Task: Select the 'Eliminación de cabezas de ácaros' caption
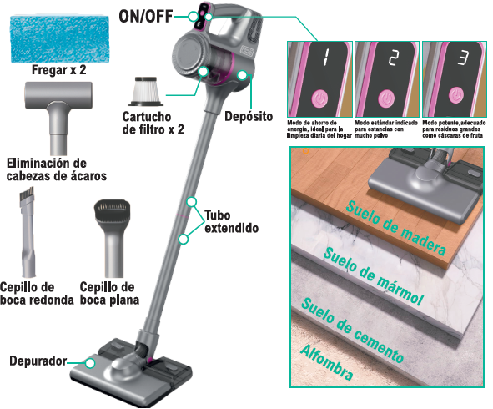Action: point(57,169)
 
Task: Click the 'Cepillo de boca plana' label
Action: point(109,293)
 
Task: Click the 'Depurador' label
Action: point(38,361)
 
